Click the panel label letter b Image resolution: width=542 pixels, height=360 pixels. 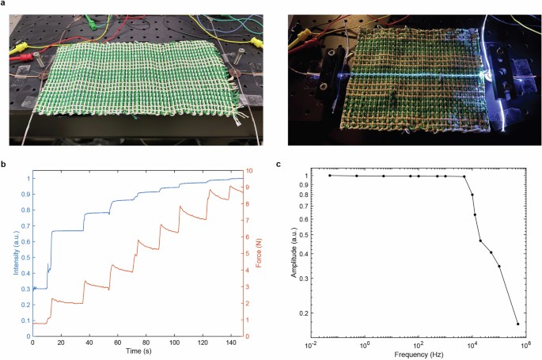2,164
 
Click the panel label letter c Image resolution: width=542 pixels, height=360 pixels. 279,165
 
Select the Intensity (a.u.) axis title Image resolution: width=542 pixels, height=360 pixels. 17,252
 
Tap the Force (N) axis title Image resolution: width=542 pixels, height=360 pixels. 259,253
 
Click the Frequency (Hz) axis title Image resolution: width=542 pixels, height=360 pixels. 419,354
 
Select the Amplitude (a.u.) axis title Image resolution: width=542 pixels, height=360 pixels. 294,252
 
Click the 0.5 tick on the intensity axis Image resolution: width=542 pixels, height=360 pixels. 25,257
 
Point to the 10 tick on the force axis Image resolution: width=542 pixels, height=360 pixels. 249,171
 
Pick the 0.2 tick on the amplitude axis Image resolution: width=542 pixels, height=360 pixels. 304,313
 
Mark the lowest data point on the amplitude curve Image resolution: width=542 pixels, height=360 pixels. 517,324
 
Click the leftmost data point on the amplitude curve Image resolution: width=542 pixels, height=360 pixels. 330,176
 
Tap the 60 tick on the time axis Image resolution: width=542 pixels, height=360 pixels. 118,343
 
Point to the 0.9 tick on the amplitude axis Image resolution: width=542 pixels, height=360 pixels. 304,185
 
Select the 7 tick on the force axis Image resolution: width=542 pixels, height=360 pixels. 248,221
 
